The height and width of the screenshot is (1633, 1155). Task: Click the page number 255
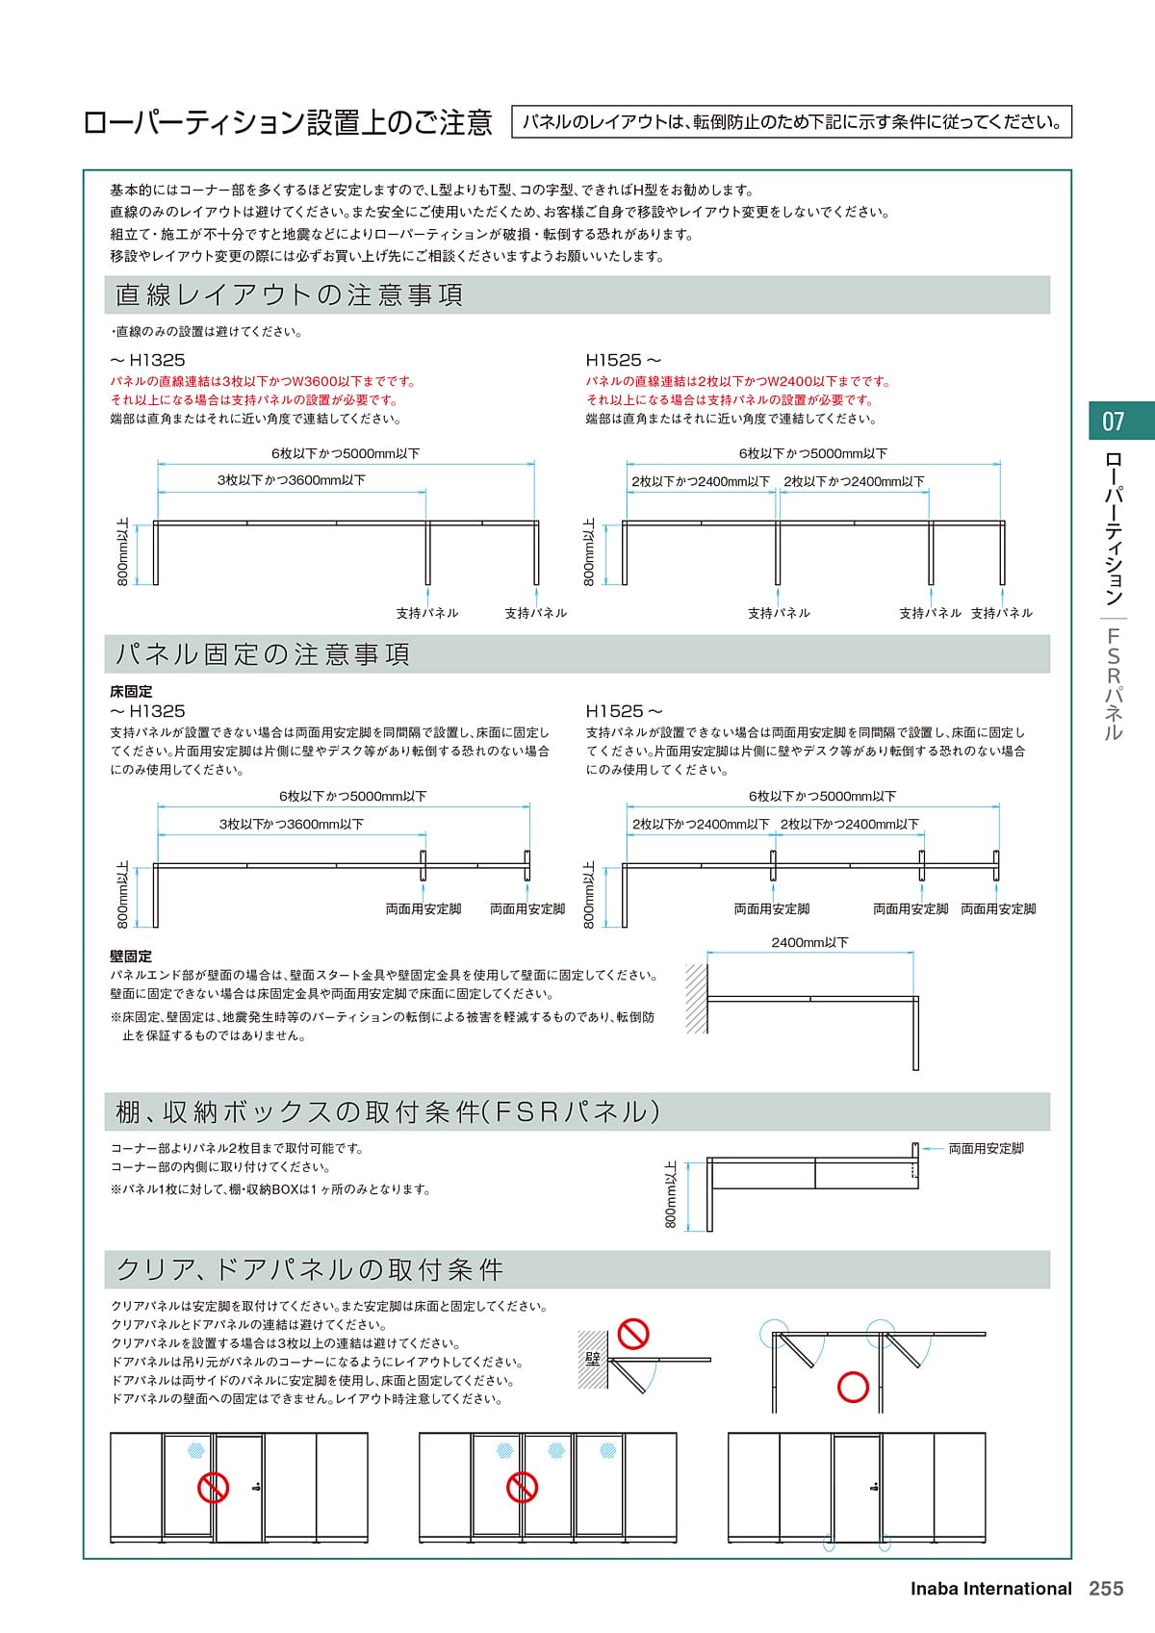pos(1106,1589)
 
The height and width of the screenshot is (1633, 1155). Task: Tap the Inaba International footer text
pos(990,1589)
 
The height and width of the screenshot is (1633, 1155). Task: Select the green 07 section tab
pos(1114,421)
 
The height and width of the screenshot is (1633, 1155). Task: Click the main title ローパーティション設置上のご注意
pos(288,123)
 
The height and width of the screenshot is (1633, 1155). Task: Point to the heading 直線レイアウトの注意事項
pos(289,294)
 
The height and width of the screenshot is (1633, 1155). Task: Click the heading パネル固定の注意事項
pos(263,654)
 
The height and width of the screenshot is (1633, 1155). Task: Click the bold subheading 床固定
pos(131,691)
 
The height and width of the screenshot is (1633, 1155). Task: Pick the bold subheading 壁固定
pos(131,957)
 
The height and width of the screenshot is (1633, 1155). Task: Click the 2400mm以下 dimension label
pos(809,943)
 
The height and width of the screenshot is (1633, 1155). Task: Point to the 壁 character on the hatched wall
pos(593,1358)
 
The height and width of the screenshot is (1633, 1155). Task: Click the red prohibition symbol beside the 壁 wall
pos(632,1335)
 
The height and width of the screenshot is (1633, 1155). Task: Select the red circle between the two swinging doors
pos(853,1387)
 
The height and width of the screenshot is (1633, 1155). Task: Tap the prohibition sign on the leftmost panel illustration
pos(213,1487)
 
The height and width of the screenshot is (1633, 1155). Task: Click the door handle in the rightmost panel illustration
pos(872,1487)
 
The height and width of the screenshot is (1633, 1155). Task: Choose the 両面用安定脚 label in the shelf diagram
pos(986,1148)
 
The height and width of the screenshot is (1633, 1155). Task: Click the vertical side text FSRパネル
pos(1114,683)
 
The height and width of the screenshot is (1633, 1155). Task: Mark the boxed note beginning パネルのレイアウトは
pos(791,122)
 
